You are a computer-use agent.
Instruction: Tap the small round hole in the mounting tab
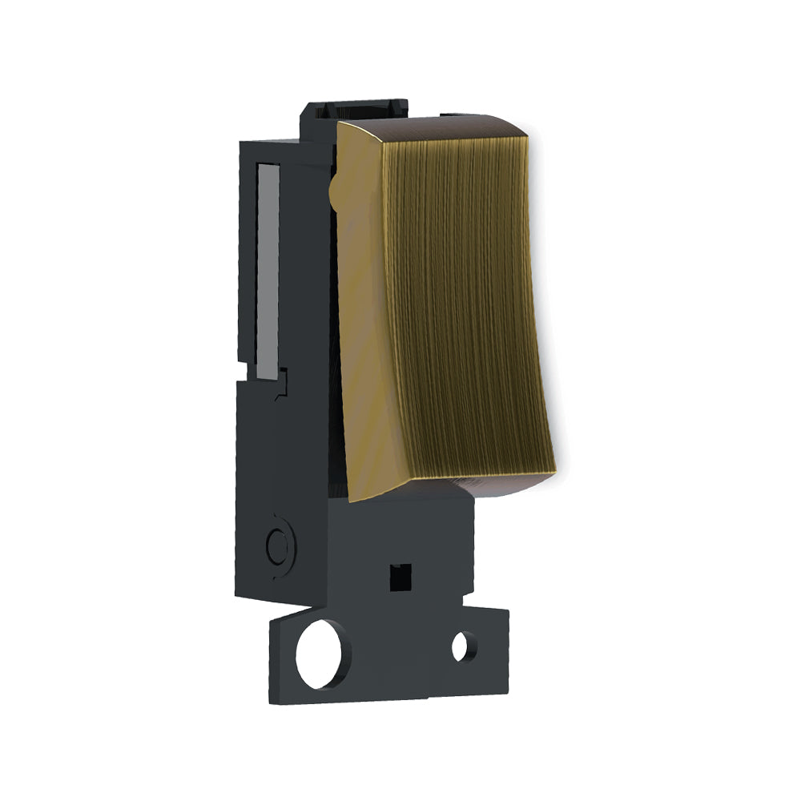(x=462, y=646)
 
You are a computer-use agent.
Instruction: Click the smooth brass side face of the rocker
(x=364, y=320)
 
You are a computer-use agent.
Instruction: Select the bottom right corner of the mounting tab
(x=508, y=690)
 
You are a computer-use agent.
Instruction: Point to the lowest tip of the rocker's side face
(x=351, y=500)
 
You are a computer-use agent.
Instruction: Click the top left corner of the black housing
(x=241, y=143)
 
